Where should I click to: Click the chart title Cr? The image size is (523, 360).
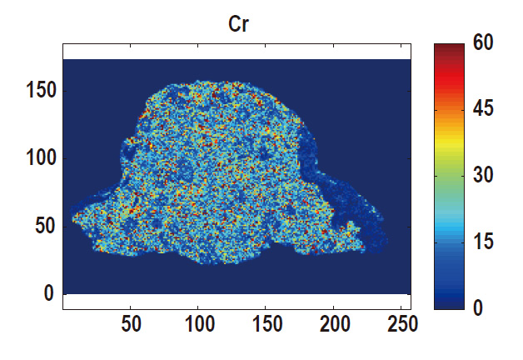(239, 25)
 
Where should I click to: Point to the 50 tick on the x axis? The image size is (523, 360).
(131, 324)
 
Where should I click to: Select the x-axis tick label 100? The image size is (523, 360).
(198, 324)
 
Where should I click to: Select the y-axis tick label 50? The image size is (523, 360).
(43, 226)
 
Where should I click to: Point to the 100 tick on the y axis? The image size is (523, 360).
(37, 157)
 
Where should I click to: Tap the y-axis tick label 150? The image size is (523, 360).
(37, 90)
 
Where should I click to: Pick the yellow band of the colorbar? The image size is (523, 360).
(447, 150)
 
